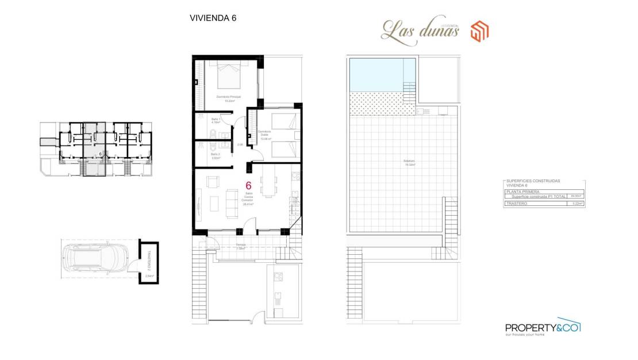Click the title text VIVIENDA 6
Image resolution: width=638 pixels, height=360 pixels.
213,18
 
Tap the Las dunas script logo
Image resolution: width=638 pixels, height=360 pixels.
420,30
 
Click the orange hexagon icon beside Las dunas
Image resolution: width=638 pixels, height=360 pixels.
479,31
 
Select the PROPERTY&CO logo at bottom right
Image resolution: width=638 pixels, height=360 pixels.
543,326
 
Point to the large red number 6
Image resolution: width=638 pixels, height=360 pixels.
248,186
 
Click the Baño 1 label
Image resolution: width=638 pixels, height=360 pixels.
216,121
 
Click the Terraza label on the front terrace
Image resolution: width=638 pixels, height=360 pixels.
241,246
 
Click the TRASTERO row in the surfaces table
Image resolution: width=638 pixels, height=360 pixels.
543,203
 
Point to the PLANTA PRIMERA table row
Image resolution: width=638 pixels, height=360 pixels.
543,192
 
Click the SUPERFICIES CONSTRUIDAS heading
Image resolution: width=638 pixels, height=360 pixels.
533,181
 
